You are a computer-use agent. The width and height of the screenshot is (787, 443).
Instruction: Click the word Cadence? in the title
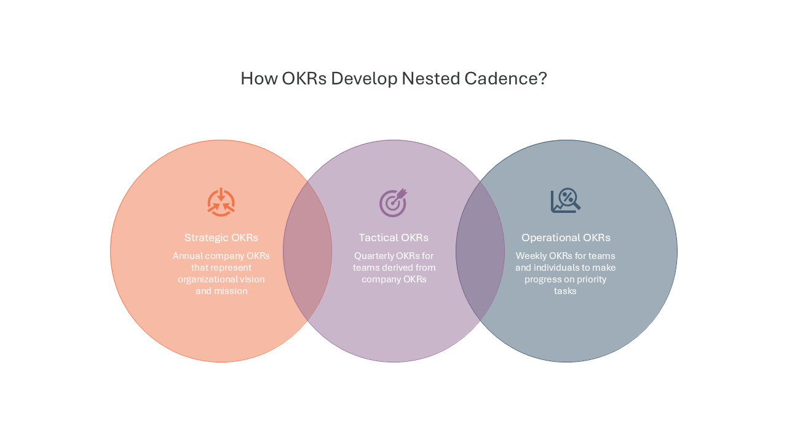(x=505, y=78)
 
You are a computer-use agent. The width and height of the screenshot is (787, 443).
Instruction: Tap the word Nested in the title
(x=431, y=78)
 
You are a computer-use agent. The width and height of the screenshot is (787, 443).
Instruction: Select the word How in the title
(x=259, y=78)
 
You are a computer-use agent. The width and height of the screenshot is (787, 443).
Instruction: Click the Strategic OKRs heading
(x=221, y=237)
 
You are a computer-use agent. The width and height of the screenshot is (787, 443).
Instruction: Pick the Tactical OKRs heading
(x=393, y=237)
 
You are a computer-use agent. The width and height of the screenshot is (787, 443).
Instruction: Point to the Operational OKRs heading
(x=566, y=237)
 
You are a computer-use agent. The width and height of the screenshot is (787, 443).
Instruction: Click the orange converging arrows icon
(x=221, y=202)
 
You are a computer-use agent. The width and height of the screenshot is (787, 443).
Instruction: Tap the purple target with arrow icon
(x=393, y=202)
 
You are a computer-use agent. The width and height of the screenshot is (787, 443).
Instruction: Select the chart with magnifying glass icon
(x=566, y=201)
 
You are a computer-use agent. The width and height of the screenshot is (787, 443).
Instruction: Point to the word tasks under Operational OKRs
(x=565, y=291)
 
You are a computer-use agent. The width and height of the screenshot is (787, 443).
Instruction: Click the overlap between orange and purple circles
(x=307, y=251)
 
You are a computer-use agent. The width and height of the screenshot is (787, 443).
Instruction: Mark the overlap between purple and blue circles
(x=480, y=251)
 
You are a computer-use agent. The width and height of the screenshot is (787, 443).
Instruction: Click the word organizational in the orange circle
(x=205, y=279)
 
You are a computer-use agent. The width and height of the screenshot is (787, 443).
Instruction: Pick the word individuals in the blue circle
(x=560, y=268)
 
